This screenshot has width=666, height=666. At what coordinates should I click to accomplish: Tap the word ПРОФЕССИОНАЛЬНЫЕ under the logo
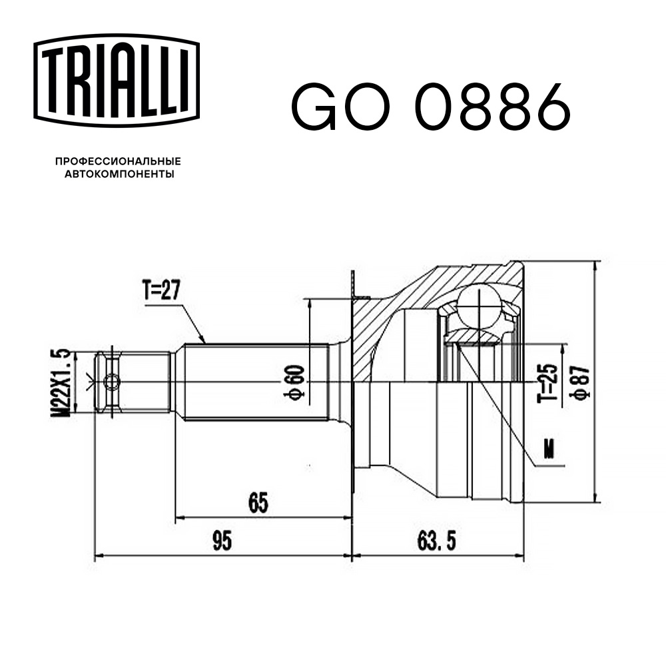(x=118, y=161)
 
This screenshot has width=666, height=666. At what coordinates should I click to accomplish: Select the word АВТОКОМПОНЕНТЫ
(x=118, y=174)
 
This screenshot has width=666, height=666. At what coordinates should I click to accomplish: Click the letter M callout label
(x=549, y=450)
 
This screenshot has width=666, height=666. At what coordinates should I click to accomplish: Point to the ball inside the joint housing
(x=482, y=306)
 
